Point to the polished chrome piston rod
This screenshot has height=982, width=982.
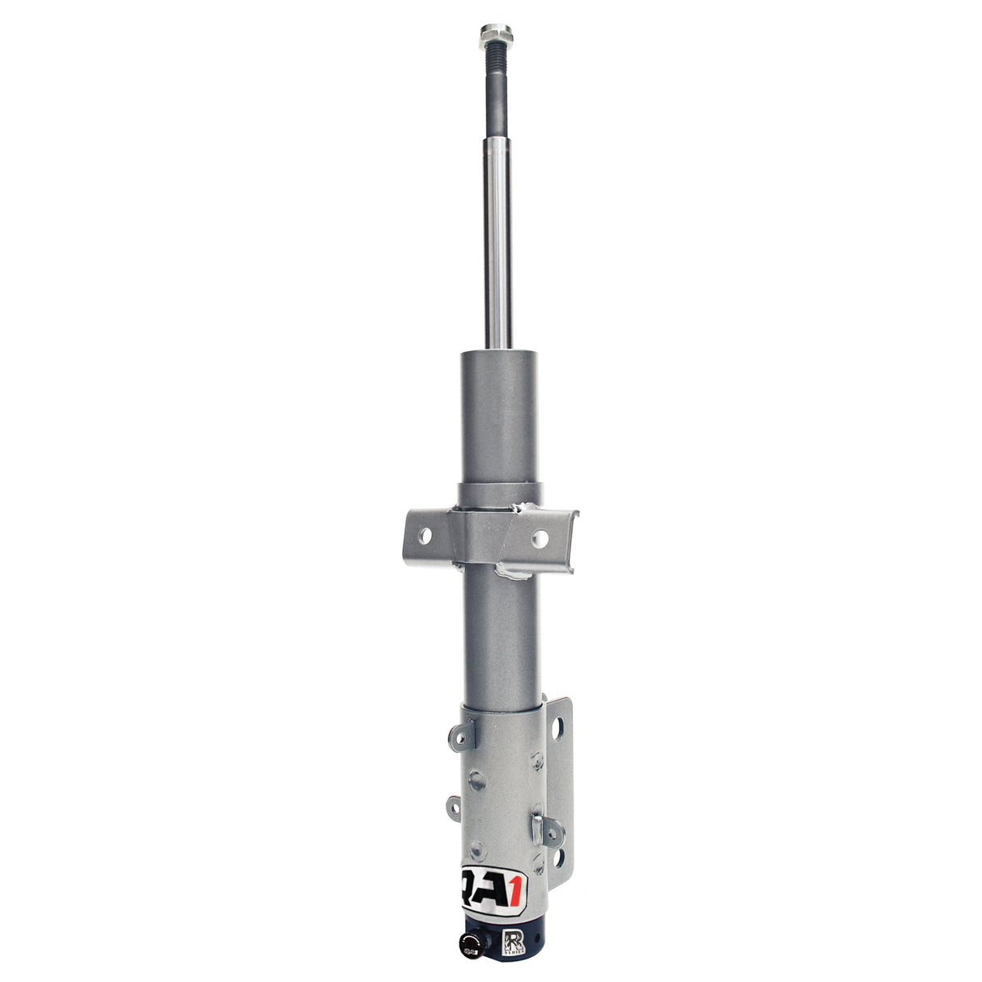[x=497, y=243]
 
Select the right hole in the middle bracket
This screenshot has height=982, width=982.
[x=541, y=536]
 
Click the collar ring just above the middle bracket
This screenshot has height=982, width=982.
[x=499, y=494]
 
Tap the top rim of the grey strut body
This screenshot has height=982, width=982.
[x=499, y=353]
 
